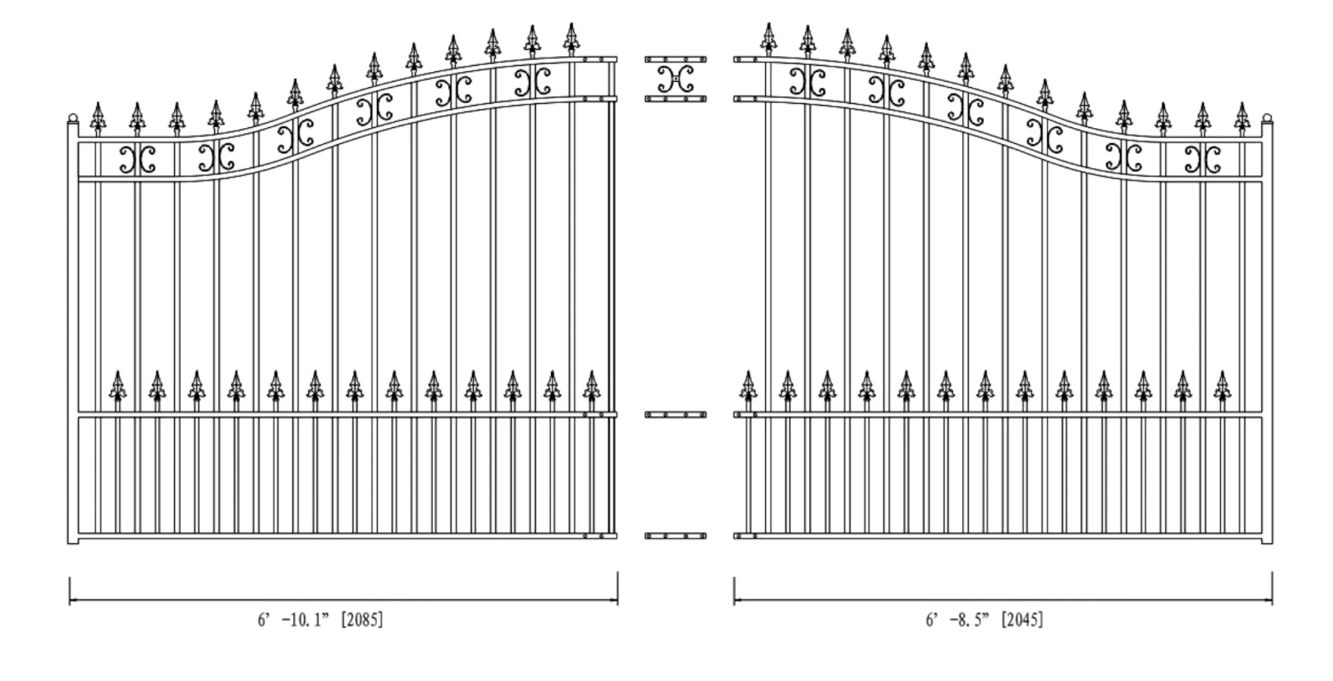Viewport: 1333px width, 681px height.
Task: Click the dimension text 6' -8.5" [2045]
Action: click(x=985, y=620)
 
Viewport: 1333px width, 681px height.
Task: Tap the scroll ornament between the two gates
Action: click(x=675, y=78)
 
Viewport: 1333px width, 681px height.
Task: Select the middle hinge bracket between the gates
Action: click(x=675, y=414)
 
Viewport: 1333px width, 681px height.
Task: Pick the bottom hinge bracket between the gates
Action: click(x=675, y=536)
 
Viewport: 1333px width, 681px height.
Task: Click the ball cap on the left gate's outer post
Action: click(x=73, y=118)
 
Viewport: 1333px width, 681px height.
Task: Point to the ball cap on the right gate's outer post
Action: click(x=1267, y=118)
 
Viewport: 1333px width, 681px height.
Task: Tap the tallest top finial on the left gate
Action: click(x=571, y=38)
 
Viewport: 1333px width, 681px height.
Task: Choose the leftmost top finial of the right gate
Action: click(x=768, y=38)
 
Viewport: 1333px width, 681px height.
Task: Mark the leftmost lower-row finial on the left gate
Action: click(x=117, y=385)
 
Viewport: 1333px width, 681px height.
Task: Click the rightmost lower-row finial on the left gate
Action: click(x=591, y=385)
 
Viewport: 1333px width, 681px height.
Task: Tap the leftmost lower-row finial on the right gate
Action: click(x=749, y=385)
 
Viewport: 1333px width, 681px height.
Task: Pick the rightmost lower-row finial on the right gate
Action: click(x=1223, y=385)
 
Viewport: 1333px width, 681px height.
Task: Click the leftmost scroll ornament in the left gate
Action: click(x=138, y=159)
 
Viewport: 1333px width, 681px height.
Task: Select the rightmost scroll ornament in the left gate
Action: click(x=532, y=83)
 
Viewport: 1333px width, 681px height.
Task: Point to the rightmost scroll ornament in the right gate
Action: click(x=1202, y=159)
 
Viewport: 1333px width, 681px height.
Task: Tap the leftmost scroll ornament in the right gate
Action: click(x=808, y=83)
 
